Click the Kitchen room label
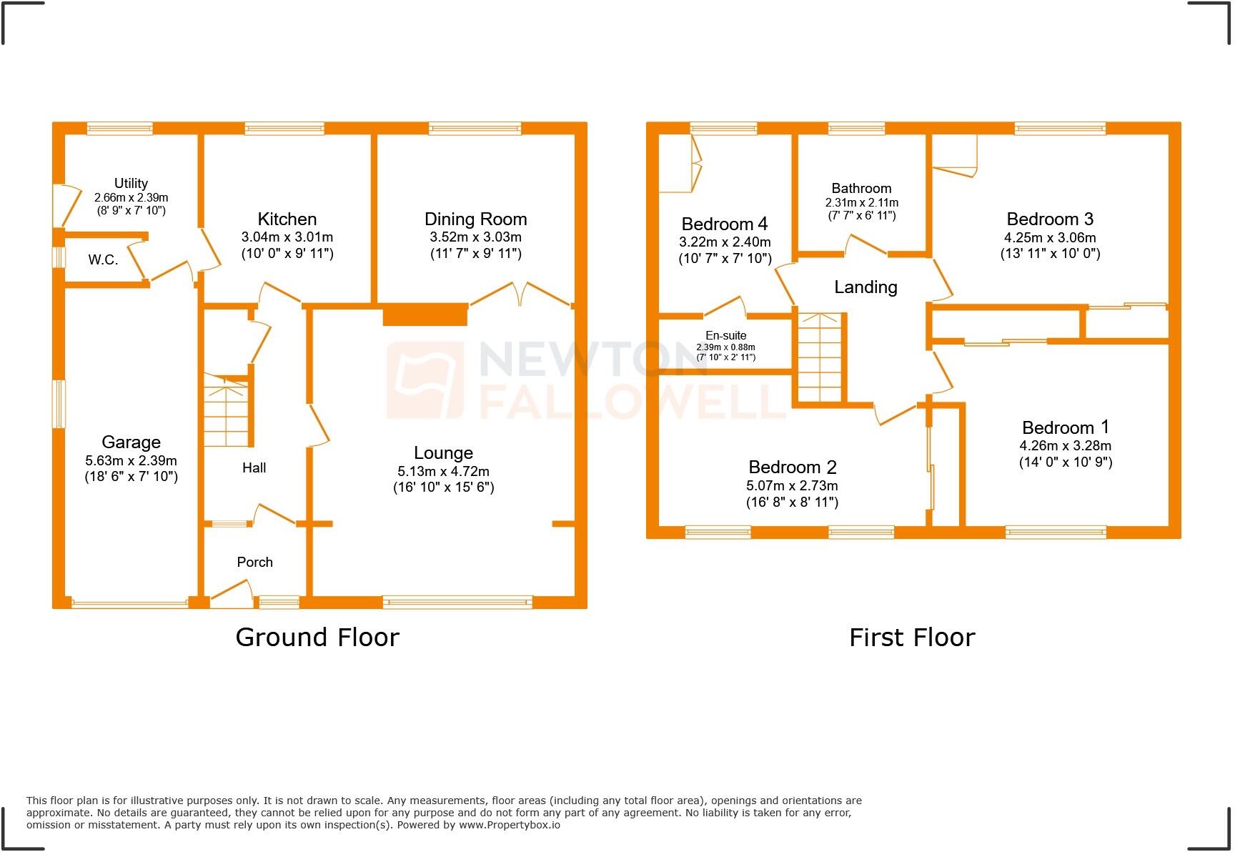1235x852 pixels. click(x=287, y=219)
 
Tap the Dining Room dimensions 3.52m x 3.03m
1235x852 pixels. click(x=475, y=237)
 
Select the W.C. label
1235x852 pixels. click(x=104, y=260)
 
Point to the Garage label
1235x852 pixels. click(x=131, y=442)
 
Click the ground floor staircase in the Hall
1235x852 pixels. click(x=227, y=410)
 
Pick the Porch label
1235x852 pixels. click(x=254, y=563)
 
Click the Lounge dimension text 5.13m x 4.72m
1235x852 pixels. click(x=443, y=472)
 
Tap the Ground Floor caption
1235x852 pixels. click(x=317, y=637)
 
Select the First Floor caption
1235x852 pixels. click(x=911, y=637)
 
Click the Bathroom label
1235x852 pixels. click(x=861, y=189)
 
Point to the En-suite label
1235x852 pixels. click(x=725, y=336)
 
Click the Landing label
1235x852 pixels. click(x=866, y=287)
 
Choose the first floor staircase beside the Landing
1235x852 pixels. click(x=819, y=357)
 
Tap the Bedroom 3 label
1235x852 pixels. click(x=1049, y=219)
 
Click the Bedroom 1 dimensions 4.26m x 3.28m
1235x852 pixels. click(x=1065, y=446)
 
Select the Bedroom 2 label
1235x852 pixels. click(x=792, y=467)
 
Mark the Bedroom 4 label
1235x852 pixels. click(x=724, y=224)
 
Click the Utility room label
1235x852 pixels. click(x=131, y=184)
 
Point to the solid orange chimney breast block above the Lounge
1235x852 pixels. click(x=425, y=314)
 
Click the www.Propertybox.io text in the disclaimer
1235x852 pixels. click(x=509, y=825)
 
